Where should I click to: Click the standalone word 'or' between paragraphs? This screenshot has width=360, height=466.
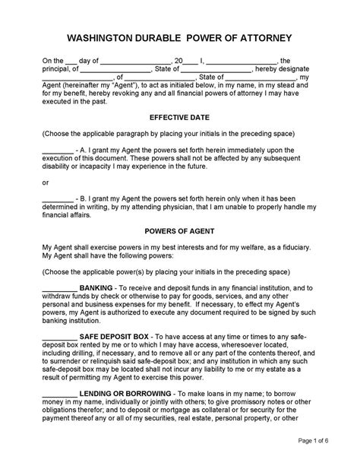[46, 182]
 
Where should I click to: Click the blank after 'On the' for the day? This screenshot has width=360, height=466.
[71, 60]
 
